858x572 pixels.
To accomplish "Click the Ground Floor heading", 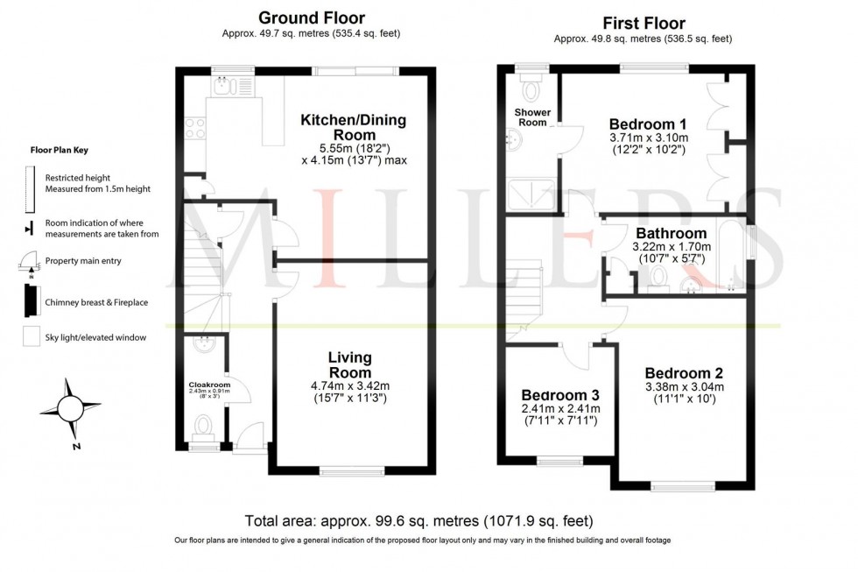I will [313, 18].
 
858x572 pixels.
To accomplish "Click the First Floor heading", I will [644, 23].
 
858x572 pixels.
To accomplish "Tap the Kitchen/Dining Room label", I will [354, 128].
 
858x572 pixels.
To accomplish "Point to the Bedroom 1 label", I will [647, 124].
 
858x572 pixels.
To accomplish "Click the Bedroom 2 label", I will [684, 373].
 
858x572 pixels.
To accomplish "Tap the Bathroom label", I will [671, 234].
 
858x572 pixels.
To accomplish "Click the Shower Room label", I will [532, 117].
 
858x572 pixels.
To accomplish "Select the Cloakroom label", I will [207, 384].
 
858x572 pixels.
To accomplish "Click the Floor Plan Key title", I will [59, 150].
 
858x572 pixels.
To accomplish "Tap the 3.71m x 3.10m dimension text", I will [648, 138].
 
